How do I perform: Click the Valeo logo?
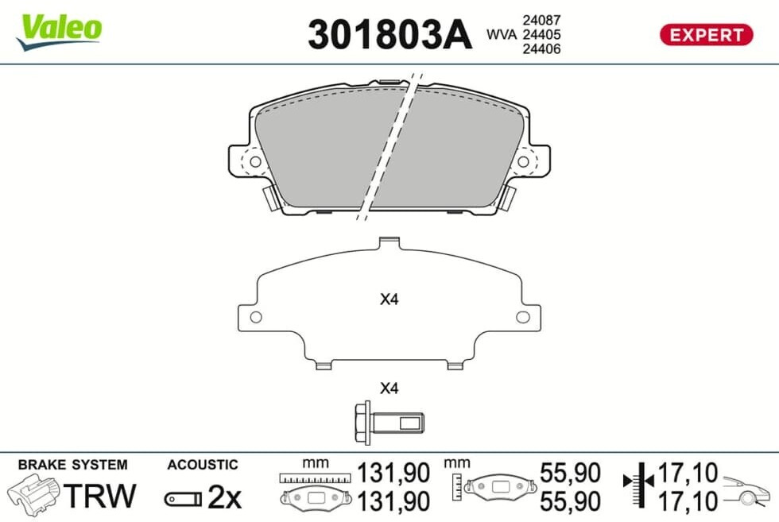(60, 31)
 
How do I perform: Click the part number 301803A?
(389, 34)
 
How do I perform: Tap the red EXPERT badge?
(706, 35)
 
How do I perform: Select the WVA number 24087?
(541, 20)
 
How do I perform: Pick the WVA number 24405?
(541, 34)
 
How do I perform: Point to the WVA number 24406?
(541, 48)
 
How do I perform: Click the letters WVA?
(502, 34)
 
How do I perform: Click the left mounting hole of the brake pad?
(255, 161)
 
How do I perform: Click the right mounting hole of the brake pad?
(523, 161)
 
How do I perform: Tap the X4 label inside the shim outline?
(389, 299)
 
